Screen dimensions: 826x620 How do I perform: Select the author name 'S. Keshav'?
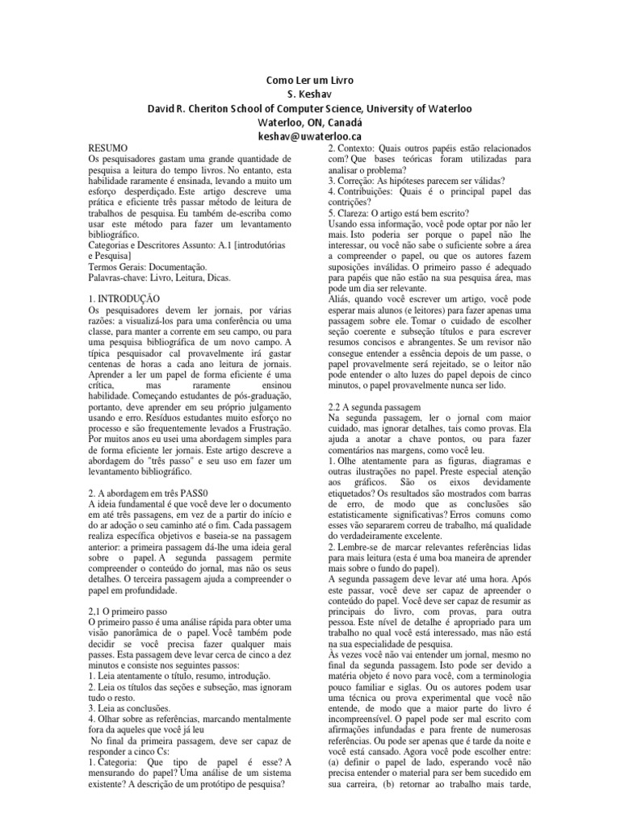pos(309,94)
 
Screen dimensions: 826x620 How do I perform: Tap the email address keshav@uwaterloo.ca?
pos(309,138)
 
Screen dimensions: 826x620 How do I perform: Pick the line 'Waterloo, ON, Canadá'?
pos(309,123)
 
